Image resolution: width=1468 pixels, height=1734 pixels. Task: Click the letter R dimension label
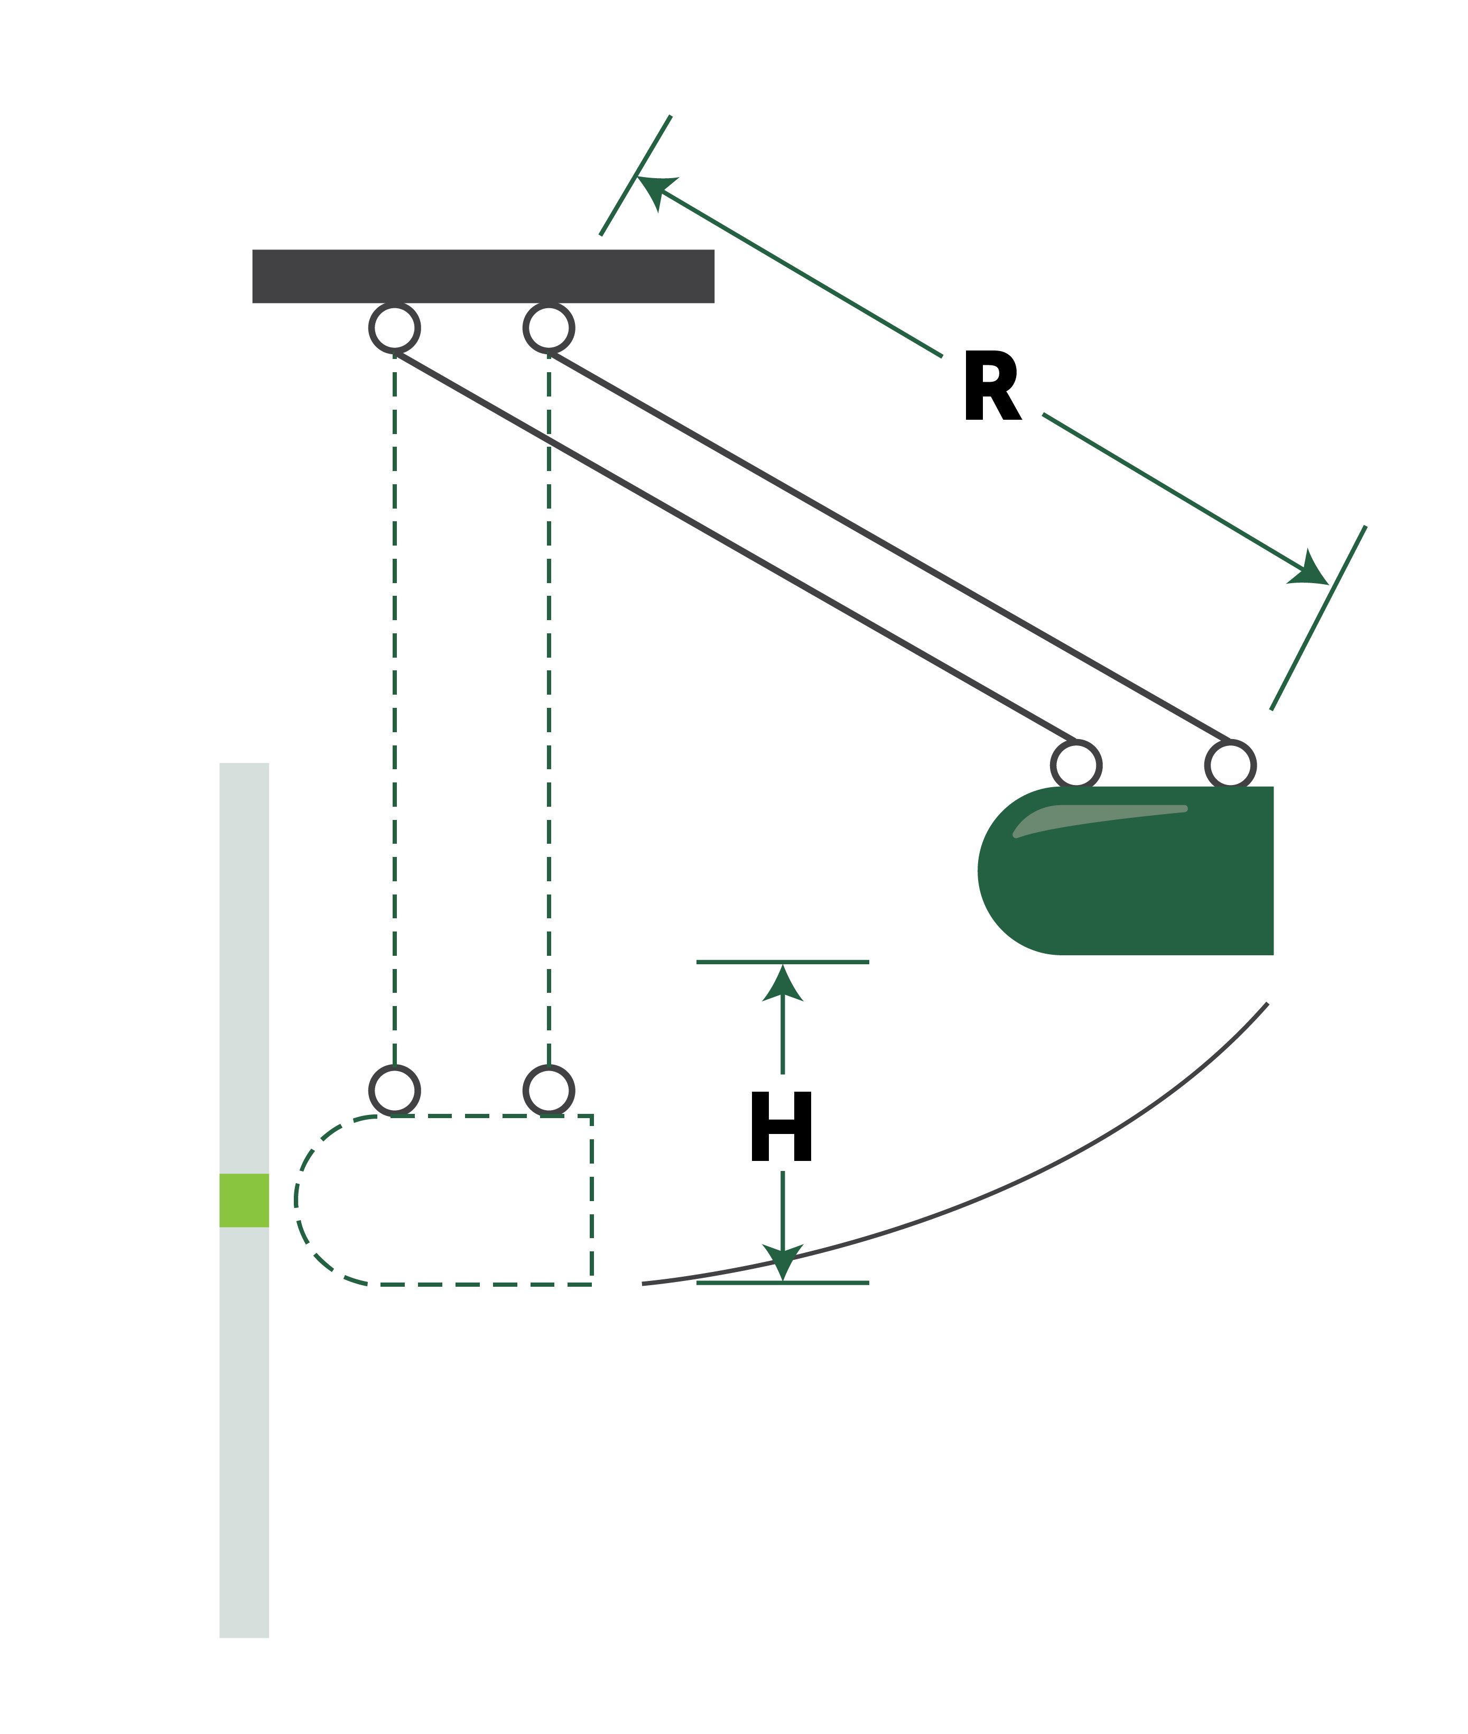(991, 386)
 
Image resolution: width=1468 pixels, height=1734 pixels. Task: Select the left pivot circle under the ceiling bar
(394, 328)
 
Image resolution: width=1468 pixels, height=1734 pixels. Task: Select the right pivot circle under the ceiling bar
(549, 328)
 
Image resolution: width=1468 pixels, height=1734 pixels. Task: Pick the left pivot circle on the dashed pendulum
(394, 1091)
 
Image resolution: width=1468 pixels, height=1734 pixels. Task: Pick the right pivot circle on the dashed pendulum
(549, 1091)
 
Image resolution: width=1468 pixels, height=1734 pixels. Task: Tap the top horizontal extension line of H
(832, 962)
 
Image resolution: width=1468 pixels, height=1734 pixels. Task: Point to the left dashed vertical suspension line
(394, 707)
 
